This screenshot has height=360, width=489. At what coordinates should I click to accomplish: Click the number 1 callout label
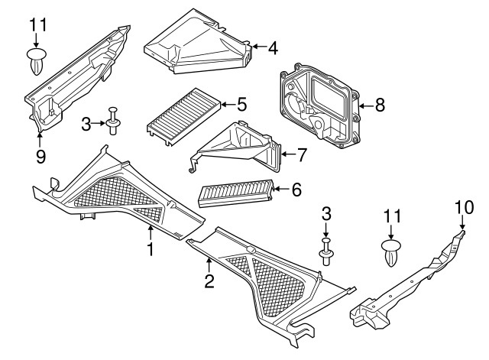click(151, 248)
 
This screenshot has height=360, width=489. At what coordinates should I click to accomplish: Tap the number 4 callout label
click(272, 47)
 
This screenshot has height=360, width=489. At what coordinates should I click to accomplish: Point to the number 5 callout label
click(241, 103)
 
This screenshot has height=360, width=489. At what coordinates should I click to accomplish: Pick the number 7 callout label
click(302, 155)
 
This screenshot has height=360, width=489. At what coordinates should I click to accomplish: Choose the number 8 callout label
click(380, 105)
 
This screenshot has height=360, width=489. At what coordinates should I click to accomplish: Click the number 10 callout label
click(465, 206)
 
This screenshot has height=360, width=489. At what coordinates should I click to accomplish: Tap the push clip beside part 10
click(390, 251)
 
